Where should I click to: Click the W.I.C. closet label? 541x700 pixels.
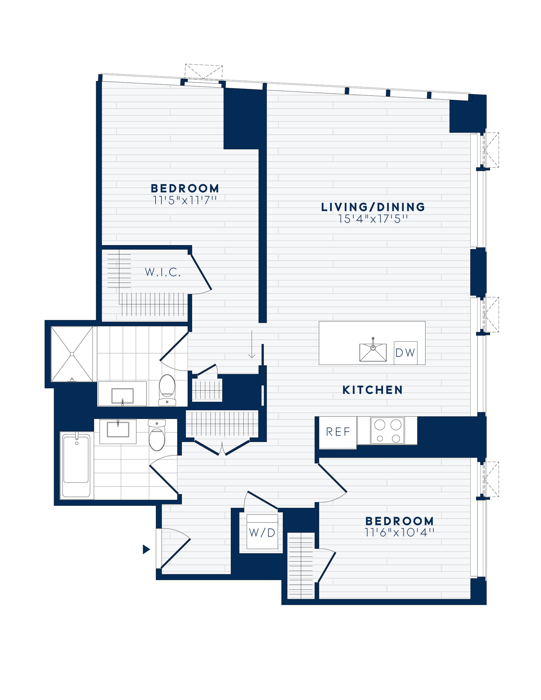click(x=163, y=272)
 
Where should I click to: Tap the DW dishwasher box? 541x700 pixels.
click(x=405, y=353)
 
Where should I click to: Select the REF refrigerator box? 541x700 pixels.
click(x=338, y=432)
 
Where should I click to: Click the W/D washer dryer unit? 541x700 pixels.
click(x=262, y=533)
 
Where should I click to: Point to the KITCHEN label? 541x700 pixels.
click(x=373, y=390)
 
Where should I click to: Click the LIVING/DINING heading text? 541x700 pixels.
click(x=373, y=207)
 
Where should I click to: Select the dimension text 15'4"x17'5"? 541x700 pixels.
click(x=373, y=219)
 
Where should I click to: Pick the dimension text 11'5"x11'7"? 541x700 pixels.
click(x=185, y=200)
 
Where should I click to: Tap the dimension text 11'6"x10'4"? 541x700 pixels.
click(x=400, y=533)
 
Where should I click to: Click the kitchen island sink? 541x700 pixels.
click(x=373, y=352)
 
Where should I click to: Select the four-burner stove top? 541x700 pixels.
click(x=387, y=431)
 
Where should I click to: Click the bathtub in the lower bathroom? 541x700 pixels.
click(x=76, y=465)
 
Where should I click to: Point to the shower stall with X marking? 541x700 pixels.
click(x=72, y=354)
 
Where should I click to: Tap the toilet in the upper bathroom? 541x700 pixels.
click(x=167, y=390)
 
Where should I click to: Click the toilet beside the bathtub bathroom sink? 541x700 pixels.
click(x=157, y=436)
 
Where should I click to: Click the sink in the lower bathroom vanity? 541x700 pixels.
click(x=118, y=430)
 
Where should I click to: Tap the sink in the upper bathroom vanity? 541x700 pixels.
click(x=122, y=396)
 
